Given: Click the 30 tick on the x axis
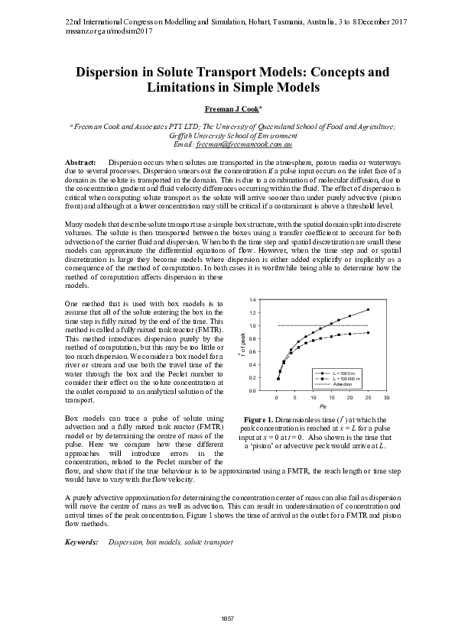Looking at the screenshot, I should (387, 399).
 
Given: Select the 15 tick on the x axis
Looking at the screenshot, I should (332, 399).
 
